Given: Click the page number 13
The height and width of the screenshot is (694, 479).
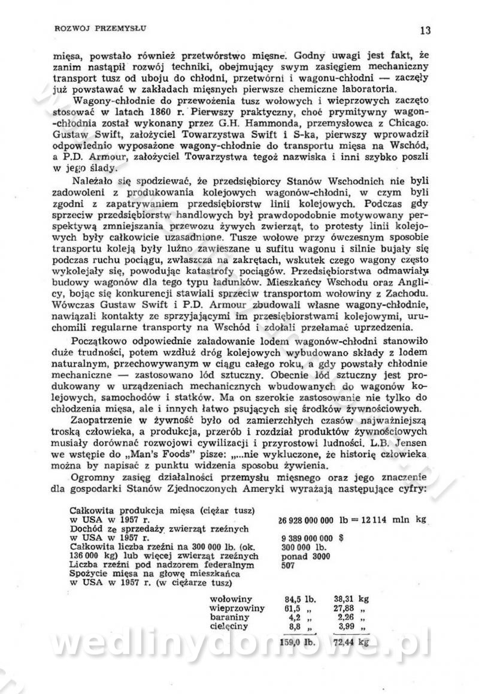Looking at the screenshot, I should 425,30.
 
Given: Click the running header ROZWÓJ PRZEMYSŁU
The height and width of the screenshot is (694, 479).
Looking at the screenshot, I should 101,28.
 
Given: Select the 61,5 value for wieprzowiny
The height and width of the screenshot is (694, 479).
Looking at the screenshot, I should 290,608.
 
